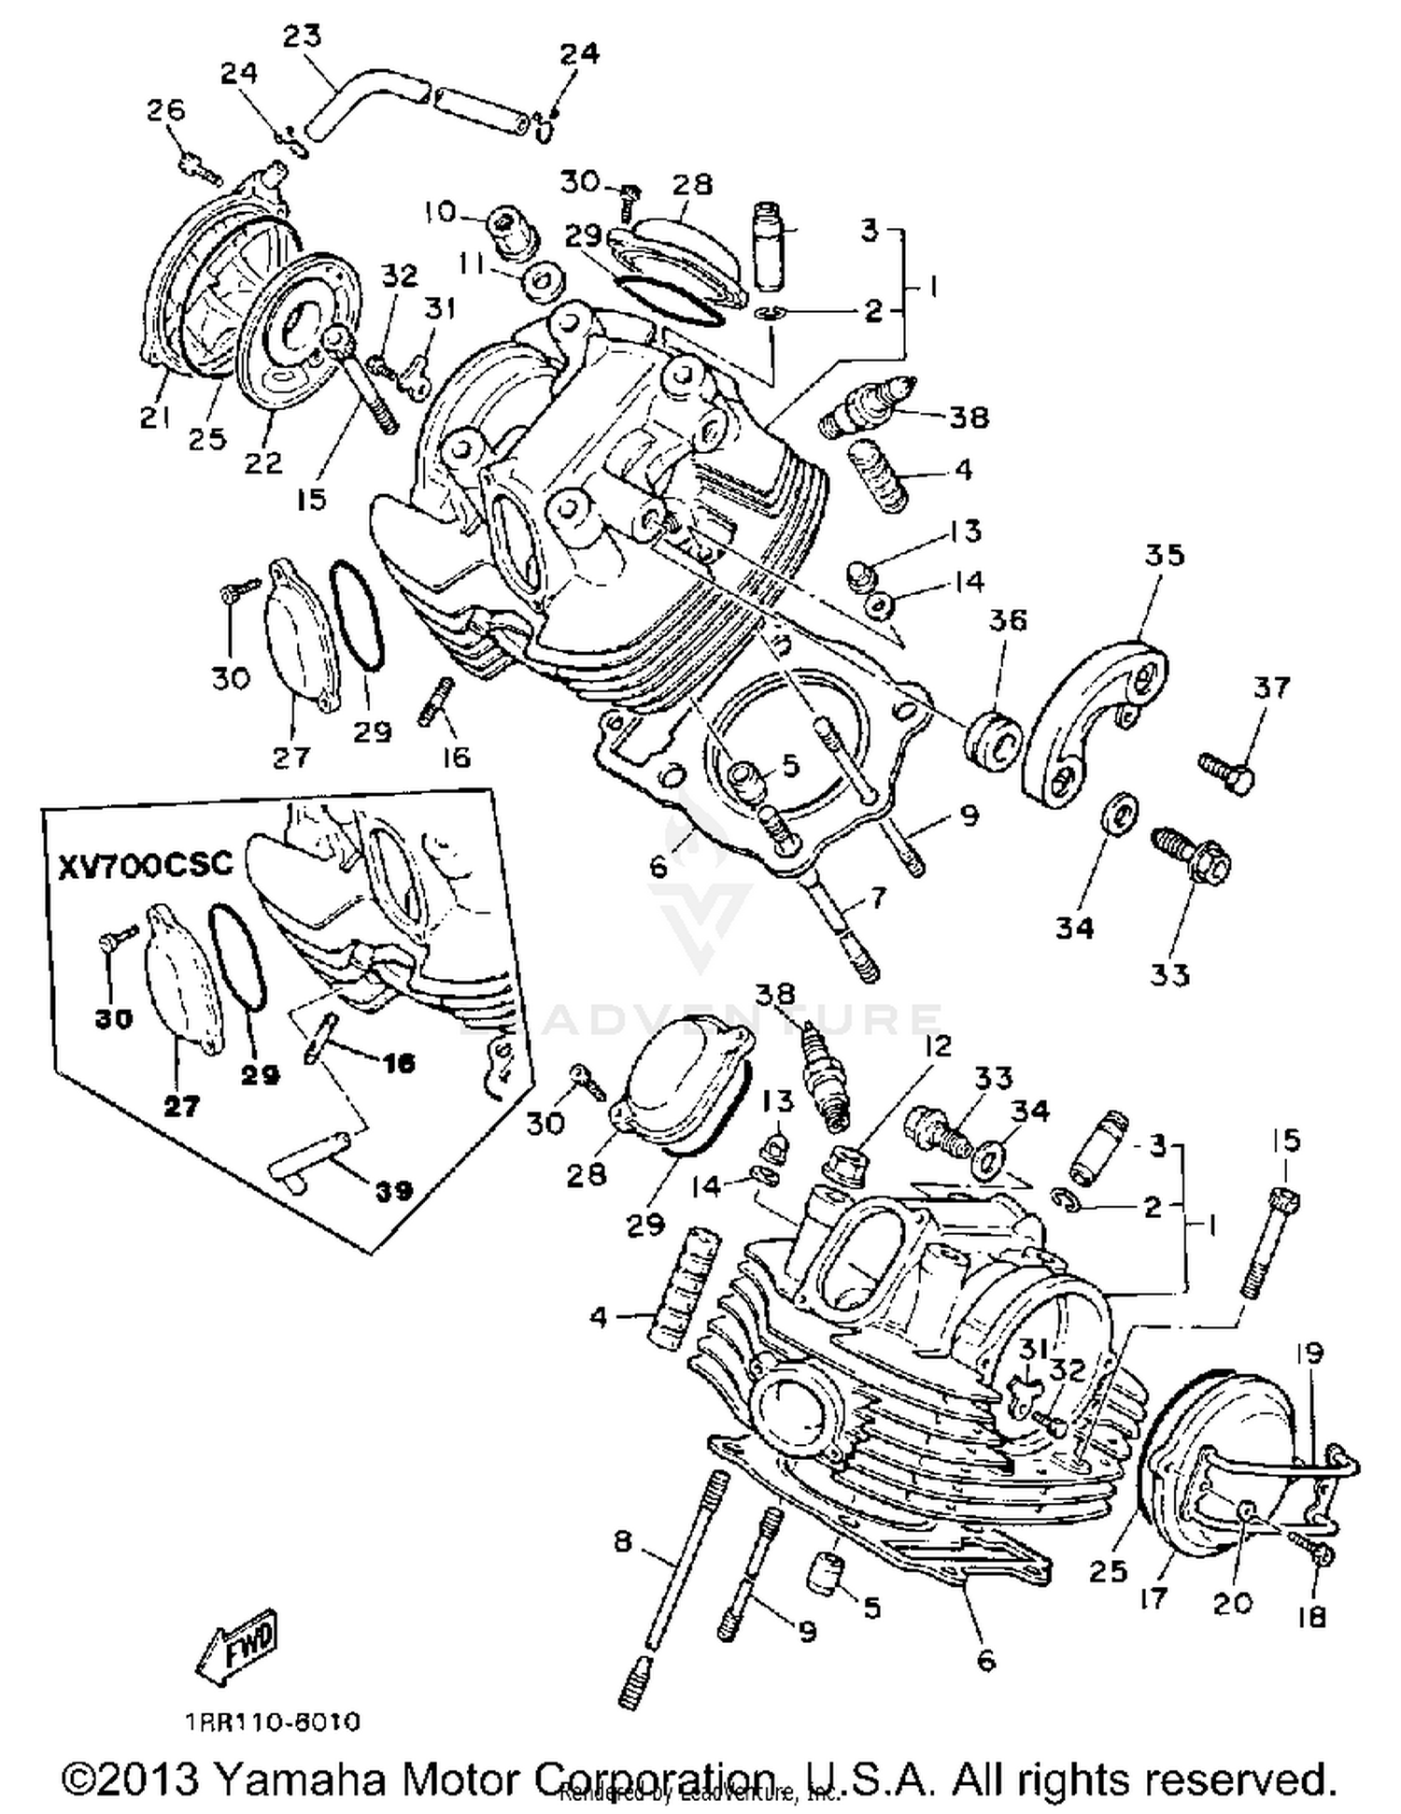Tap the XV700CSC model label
point(145,864)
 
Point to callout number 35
point(1164,555)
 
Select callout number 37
point(1271,688)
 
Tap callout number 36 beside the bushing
point(1008,620)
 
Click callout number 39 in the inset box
point(393,1191)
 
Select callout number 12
point(938,1045)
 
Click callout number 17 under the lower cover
point(1153,1598)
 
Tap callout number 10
point(437,212)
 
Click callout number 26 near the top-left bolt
point(166,110)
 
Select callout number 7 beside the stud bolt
point(877,899)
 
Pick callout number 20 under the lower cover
point(1231,1603)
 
